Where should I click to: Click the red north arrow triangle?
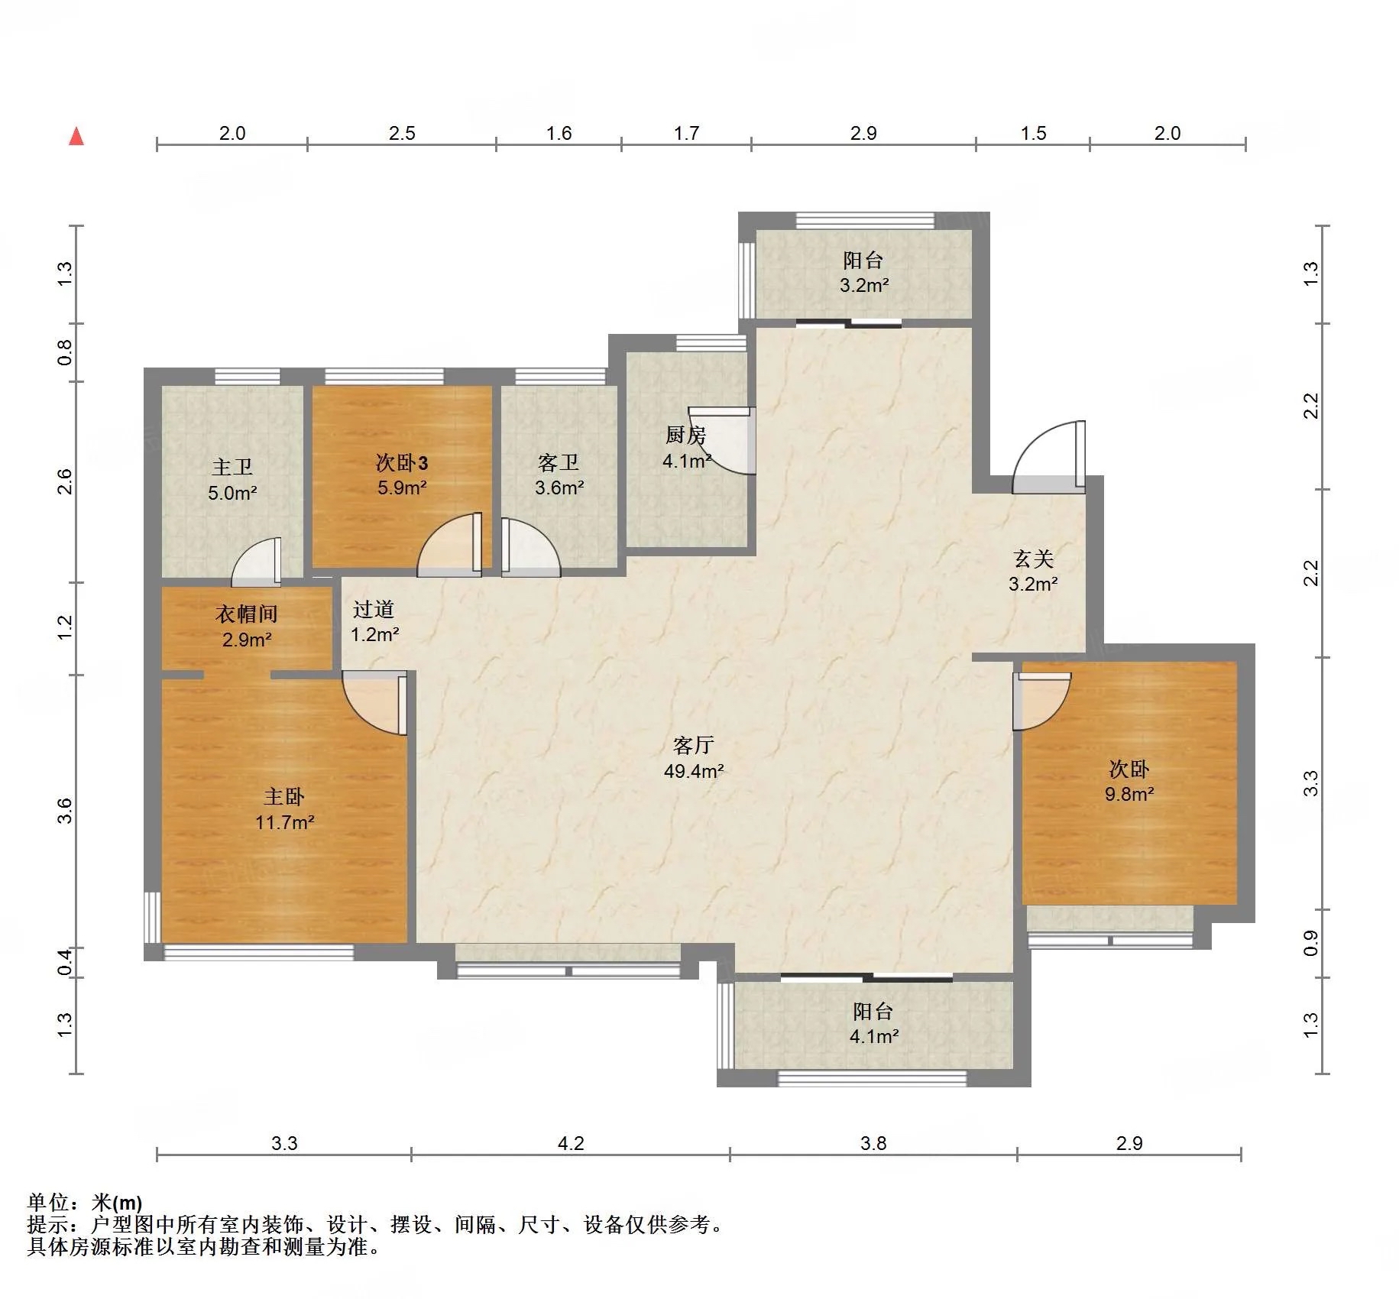(x=76, y=136)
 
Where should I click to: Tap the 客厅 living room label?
(x=694, y=745)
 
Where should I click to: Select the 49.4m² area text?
(x=694, y=771)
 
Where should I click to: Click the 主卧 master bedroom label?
(x=284, y=797)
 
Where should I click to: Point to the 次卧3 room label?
(x=402, y=462)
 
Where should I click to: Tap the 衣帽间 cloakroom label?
(x=246, y=614)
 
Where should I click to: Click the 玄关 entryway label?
(x=1034, y=559)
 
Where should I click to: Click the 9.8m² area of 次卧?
(x=1129, y=794)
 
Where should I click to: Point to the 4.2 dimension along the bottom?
(x=571, y=1143)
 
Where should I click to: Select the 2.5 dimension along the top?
(x=402, y=133)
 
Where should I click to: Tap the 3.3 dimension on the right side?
(x=1310, y=783)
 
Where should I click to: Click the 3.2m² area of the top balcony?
(x=864, y=286)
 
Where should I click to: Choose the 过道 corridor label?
(x=374, y=609)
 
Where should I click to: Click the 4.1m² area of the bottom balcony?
(x=874, y=1037)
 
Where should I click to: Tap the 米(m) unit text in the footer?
(x=116, y=1203)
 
